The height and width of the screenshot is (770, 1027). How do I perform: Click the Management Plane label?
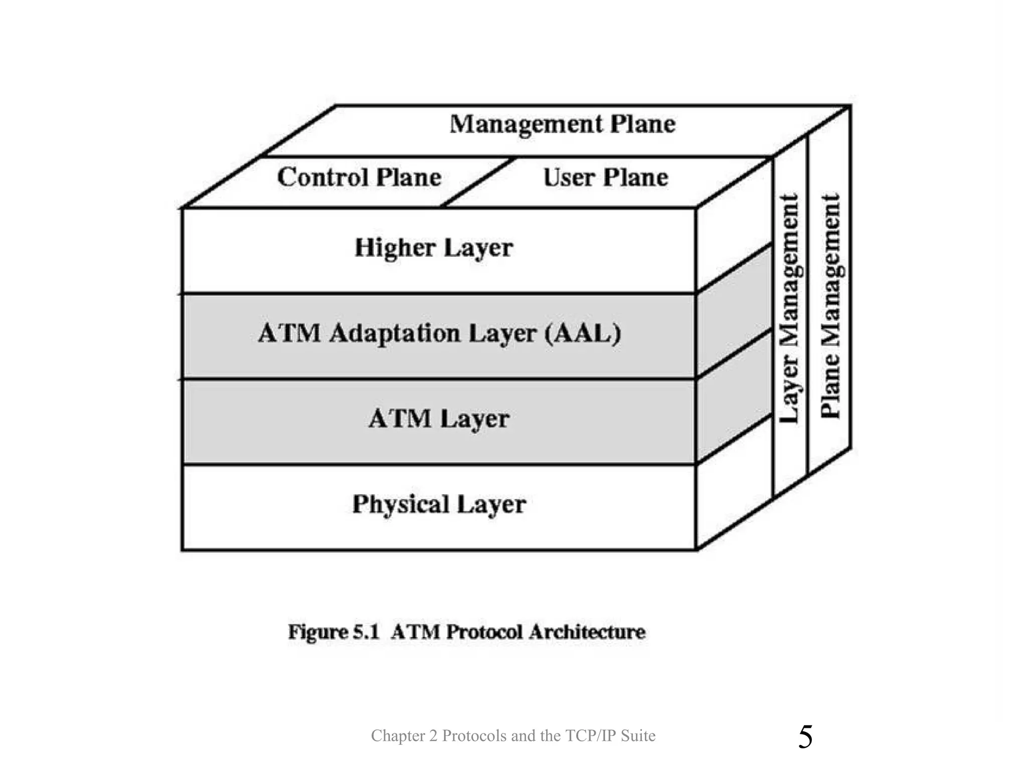(x=562, y=124)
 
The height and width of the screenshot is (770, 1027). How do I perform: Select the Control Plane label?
(x=359, y=177)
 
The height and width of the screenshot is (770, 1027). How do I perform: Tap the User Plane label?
(x=606, y=177)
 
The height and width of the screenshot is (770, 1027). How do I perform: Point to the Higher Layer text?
(x=434, y=248)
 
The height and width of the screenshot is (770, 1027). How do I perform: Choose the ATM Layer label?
(x=439, y=419)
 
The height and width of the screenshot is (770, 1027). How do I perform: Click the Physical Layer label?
(x=439, y=504)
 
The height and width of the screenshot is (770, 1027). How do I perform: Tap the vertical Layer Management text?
(x=789, y=308)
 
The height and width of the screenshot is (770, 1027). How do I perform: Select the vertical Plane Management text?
(x=830, y=306)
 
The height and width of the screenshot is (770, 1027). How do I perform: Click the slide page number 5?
(x=805, y=737)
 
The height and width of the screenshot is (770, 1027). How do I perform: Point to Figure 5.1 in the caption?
(x=333, y=632)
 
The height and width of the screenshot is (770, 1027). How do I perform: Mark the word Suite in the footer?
(x=638, y=736)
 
